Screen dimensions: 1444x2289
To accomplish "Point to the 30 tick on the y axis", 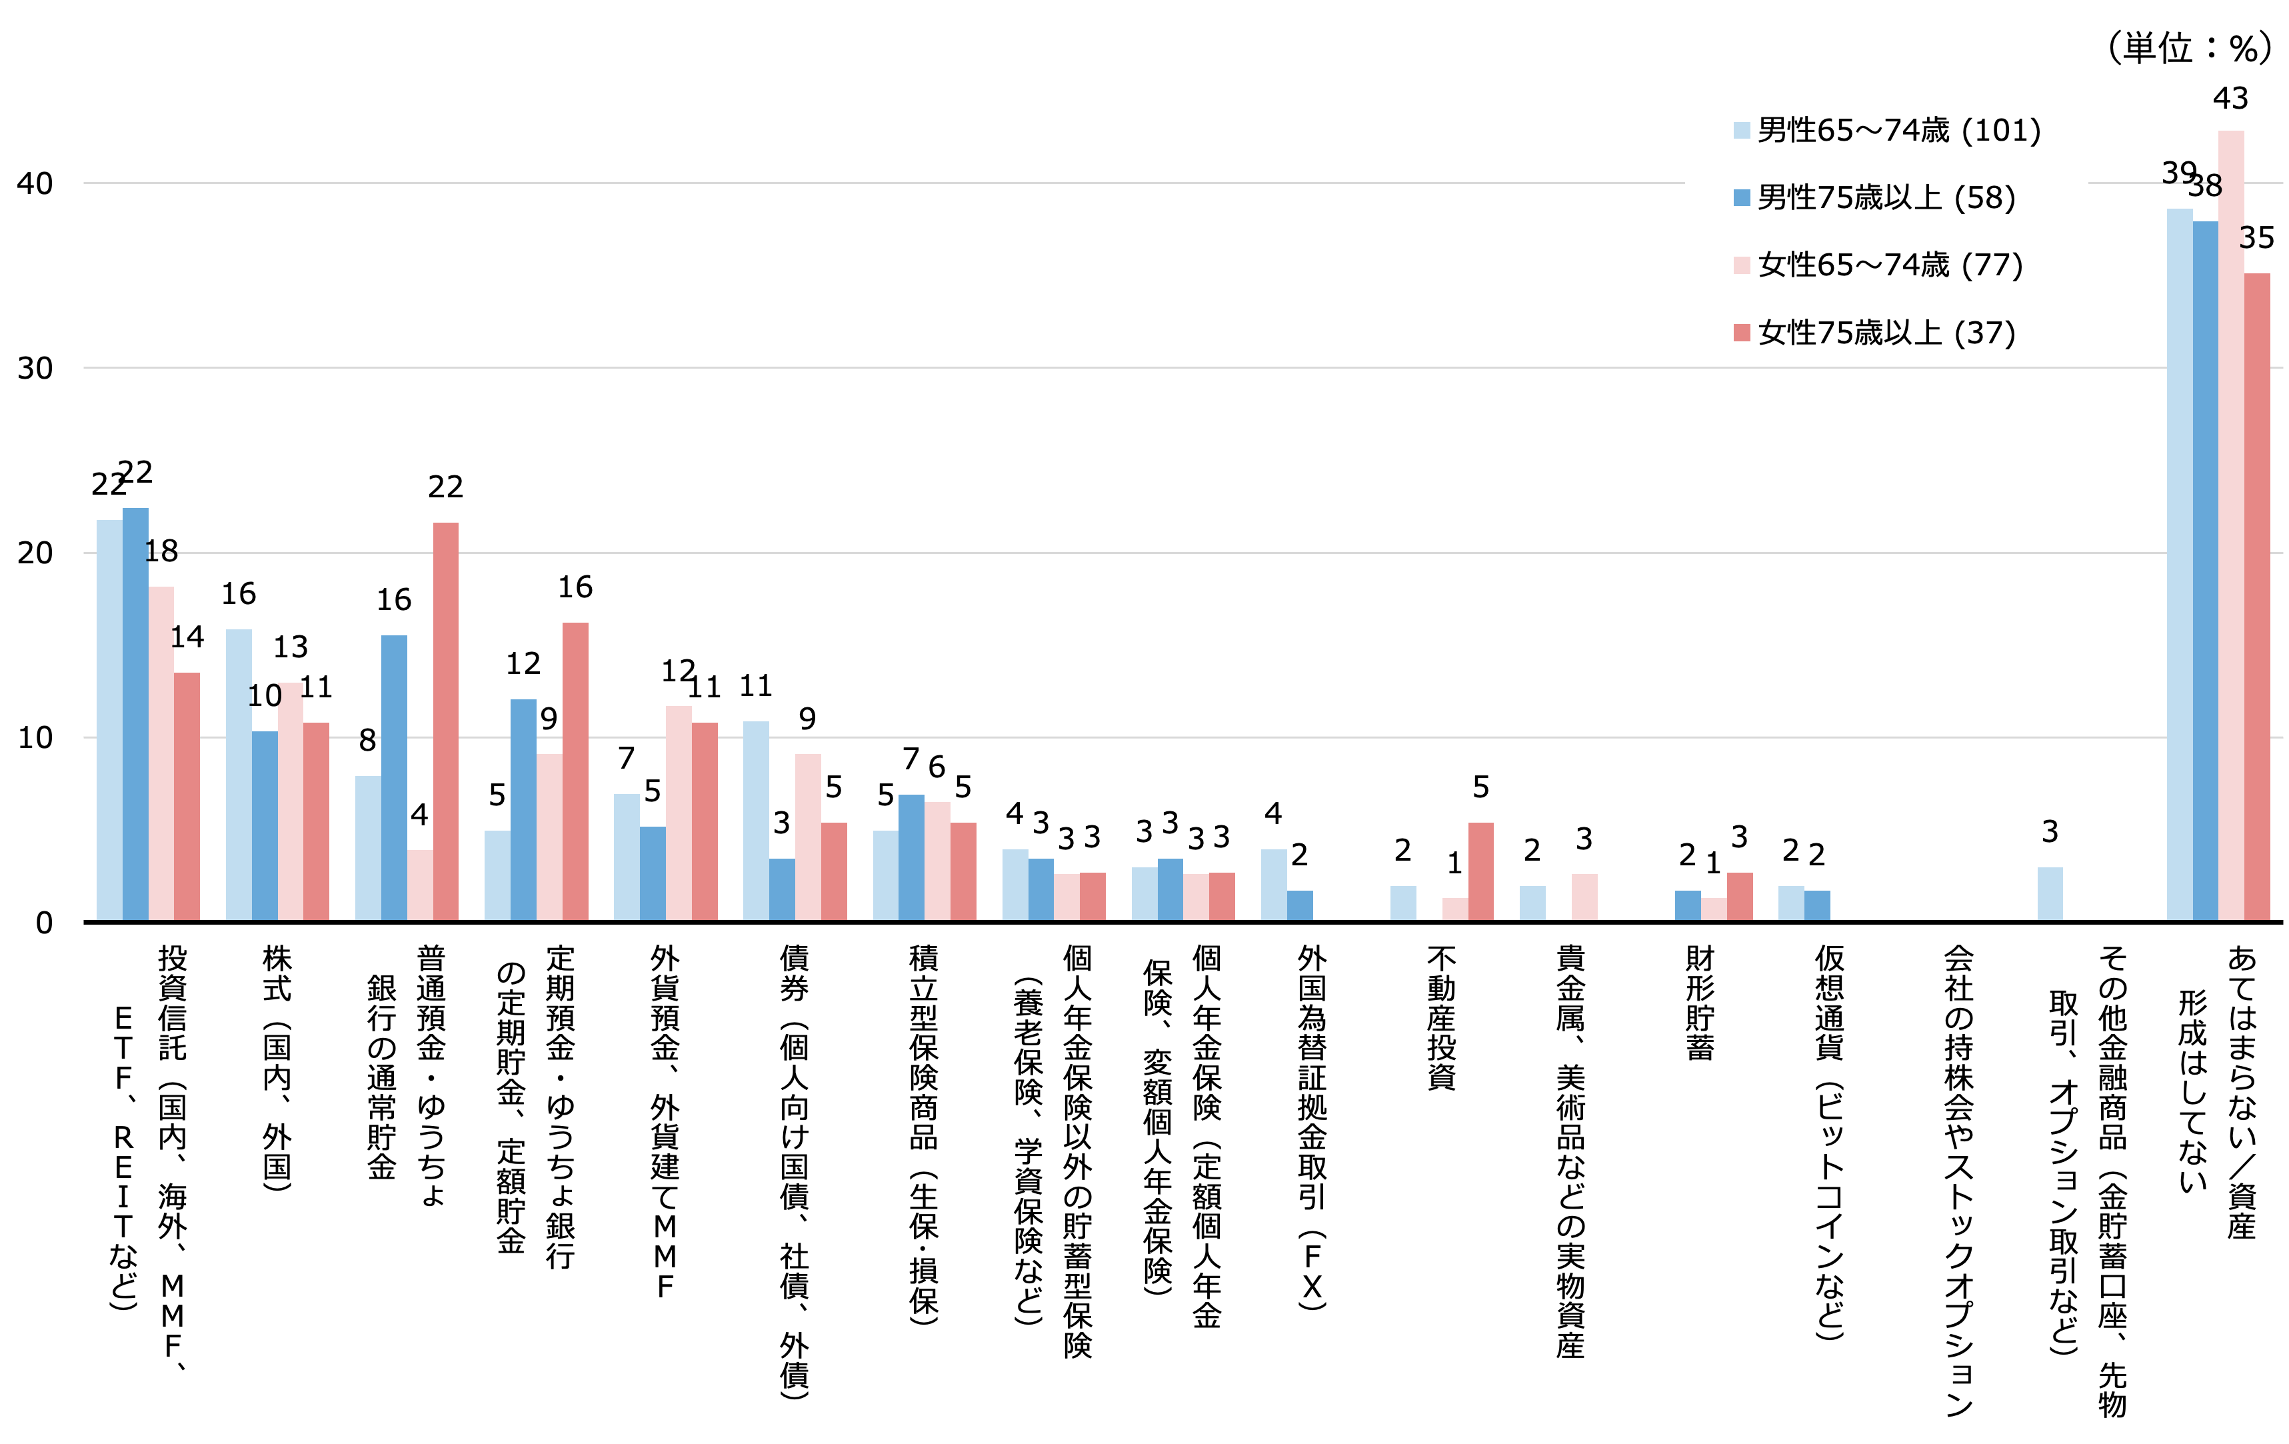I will pyautogui.click(x=35, y=368).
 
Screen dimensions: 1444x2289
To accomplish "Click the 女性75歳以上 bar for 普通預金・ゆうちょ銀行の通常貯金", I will pyautogui.click(x=446, y=723).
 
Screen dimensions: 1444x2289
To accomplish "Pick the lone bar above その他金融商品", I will pyautogui.click(x=2050, y=893).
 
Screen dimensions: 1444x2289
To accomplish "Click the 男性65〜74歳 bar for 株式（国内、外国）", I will pyautogui.click(x=239, y=775).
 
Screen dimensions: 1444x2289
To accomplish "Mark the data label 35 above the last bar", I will pyautogui.click(x=2256, y=237).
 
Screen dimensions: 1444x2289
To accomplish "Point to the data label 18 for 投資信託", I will pyautogui.click(x=161, y=551).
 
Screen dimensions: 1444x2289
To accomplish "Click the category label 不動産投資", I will pyautogui.click(x=1441, y=1017).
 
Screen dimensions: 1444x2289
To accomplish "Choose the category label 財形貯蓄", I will pyautogui.click(x=1700, y=1003).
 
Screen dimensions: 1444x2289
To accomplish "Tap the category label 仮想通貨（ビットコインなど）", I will pyautogui.click(x=1829, y=1141).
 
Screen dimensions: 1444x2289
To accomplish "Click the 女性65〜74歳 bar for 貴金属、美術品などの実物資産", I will pyautogui.click(x=1584, y=897).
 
